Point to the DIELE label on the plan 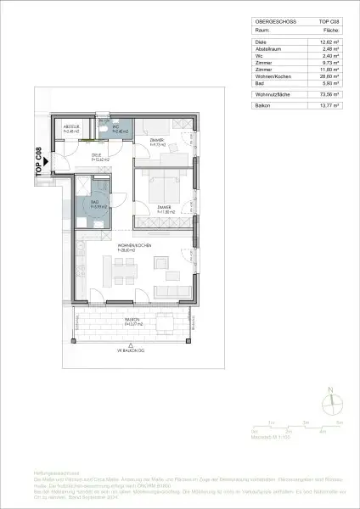point(98,156)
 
